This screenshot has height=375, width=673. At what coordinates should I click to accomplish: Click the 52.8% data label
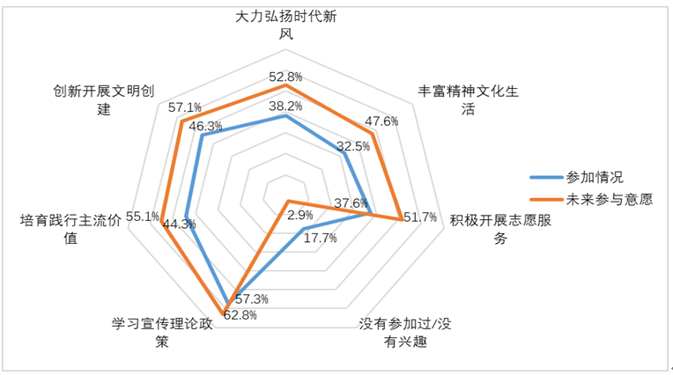(285, 76)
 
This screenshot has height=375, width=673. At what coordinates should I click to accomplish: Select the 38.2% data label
(285, 107)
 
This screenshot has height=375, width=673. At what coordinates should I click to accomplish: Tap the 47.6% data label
(381, 121)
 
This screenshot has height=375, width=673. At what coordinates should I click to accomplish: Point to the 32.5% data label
(352, 146)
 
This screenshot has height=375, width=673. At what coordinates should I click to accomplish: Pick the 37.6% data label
(351, 203)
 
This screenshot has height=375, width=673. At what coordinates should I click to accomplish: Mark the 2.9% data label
(300, 215)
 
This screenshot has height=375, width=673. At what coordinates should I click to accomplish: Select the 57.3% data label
(252, 299)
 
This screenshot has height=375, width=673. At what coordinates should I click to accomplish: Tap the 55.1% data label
(143, 216)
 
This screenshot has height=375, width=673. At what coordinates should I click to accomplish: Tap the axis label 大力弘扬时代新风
(285, 26)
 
